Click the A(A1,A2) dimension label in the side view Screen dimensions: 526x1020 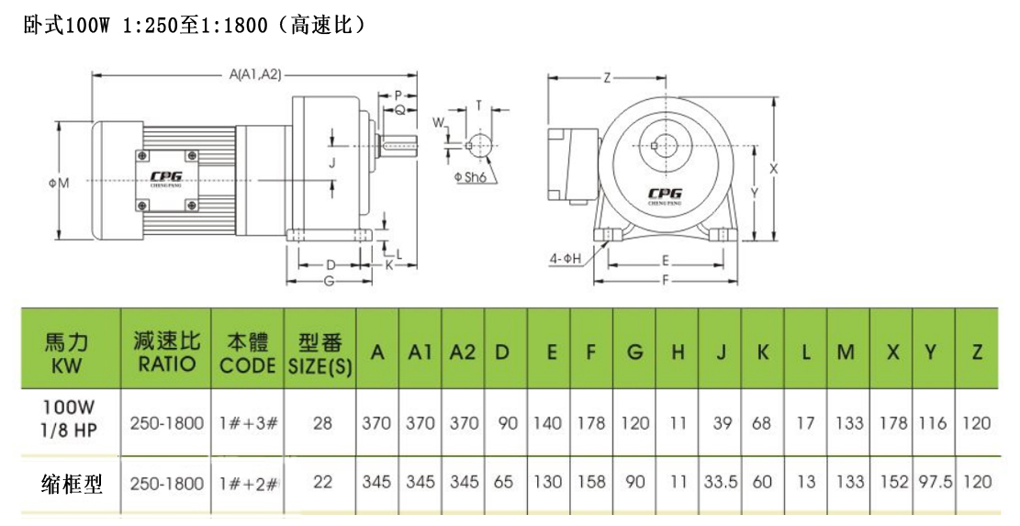pos(254,74)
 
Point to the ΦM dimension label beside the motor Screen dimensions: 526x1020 pos(59,184)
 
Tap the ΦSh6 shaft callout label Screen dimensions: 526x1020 pos(469,177)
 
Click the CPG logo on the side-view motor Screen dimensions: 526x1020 pos(165,181)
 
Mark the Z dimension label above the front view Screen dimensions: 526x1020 pos(607,78)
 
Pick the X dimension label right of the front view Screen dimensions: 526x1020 pos(773,169)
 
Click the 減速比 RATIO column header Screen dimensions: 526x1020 pos(165,353)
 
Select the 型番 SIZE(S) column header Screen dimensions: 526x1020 pos(319,353)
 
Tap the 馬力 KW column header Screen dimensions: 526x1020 pos(69,353)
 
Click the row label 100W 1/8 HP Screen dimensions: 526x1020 pos(69,423)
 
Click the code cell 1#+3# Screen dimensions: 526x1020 pos(247,424)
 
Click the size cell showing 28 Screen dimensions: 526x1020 pos(322,424)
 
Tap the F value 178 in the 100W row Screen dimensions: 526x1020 pos(591,424)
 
